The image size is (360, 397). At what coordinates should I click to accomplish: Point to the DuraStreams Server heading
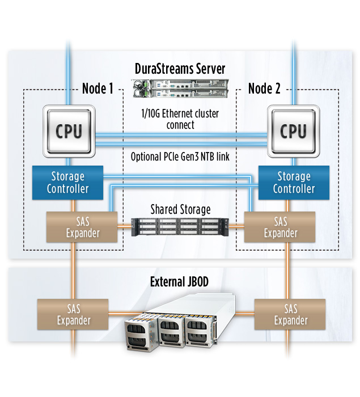[x=180, y=69]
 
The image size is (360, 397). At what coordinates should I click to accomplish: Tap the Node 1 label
[x=98, y=88]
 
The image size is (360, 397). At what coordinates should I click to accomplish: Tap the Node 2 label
[x=264, y=88]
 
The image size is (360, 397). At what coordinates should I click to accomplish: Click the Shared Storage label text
[x=180, y=209]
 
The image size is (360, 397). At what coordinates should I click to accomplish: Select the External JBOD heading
[x=180, y=281]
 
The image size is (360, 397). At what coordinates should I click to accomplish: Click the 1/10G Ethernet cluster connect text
[x=180, y=119]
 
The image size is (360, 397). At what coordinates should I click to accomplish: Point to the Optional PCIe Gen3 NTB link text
[x=180, y=157]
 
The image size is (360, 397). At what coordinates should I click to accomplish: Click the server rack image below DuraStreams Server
[x=180, y=88]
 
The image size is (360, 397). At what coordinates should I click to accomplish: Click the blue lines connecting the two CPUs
[x=180, y=139]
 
